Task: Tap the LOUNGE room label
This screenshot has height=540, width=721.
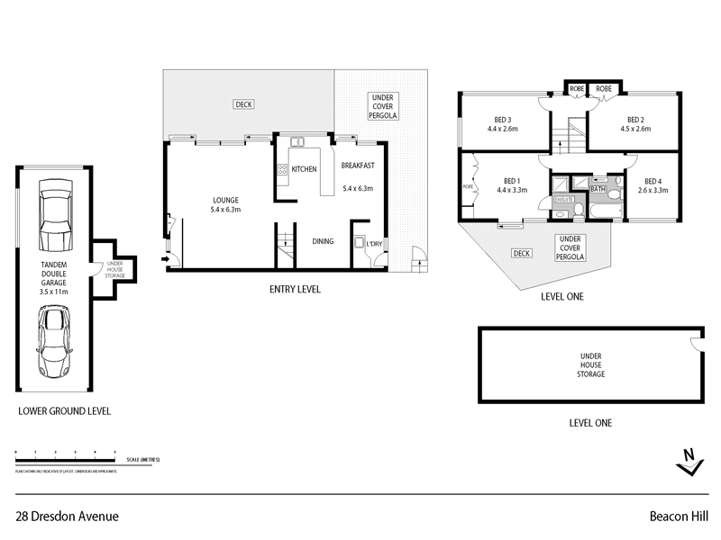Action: pyautogui.click(x=224, y=200)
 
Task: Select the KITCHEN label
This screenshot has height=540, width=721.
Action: pyautogui.click(x=304, y=169)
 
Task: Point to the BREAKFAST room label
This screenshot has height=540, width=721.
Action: pyautogui.click(x=357, y=166)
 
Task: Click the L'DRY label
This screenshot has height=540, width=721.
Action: pyautogui.click(x=372, y=244)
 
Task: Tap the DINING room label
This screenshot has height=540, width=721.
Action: pyautogui.click(x=324, y=240)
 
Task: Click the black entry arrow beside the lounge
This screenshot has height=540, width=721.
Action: pyautogui.click(x=165, y=261)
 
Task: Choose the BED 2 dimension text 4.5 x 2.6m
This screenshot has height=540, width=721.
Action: pyautogui.click(x=636, y=129)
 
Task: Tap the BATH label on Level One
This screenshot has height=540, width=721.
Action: pyautogui.click(x=598, y=190)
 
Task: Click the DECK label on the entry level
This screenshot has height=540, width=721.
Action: pyautogui.click(x=243, y=104)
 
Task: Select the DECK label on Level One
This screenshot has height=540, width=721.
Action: pyautogui.click(x=520, y=254)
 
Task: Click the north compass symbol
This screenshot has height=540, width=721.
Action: pyautogui.click(x=689, y=461)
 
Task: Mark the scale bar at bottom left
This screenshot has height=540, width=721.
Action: pyautogui.click(x=68, y=459)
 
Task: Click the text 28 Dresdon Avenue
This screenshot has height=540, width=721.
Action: pyautogui.click(x=68, y=517)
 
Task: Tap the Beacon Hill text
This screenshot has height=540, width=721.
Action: pyautogui.click(x=681, y=517)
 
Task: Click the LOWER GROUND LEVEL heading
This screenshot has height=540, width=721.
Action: pyautogui.click(x=64, y=411)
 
